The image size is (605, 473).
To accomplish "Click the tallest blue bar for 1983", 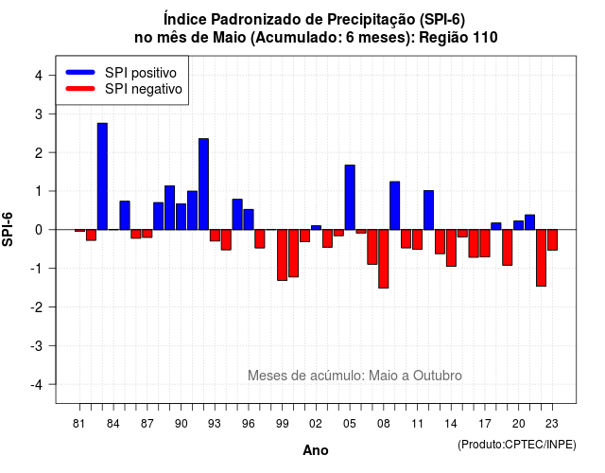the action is [102, 177].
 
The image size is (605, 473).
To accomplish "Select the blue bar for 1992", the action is [204, 184].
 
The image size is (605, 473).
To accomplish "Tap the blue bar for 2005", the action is [350, 198].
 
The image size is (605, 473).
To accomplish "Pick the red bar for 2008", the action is [384, 258].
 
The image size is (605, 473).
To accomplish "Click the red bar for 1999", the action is [282, 254].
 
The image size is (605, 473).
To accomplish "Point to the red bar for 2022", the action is [542, 258].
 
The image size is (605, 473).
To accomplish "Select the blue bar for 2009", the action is [395, 205].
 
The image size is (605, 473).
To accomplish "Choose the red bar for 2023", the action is [552, 239].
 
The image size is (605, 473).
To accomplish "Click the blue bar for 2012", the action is [428, 210].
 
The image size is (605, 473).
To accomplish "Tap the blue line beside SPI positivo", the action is [80, 72].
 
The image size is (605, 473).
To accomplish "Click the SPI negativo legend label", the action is [144, 89].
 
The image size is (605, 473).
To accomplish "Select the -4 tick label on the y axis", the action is [37, 385].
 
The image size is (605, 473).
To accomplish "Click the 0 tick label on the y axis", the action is [39, 230].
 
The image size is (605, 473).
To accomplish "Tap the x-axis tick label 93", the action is [215, 424].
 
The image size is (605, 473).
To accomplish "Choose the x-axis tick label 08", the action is [384, 424].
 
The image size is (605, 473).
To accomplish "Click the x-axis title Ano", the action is [316, 450].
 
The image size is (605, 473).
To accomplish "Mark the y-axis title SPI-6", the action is [8, 229].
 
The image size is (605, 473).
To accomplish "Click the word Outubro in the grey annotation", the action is [438, 376].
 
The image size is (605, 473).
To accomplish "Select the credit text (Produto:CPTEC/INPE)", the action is [517, 445].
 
